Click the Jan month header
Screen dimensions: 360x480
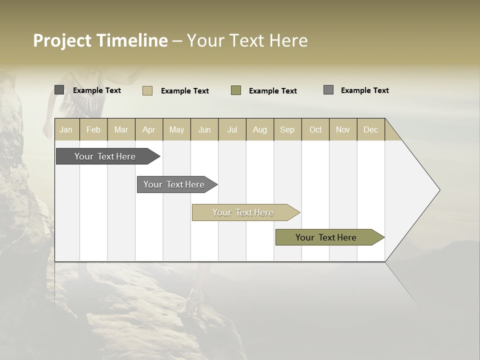66,129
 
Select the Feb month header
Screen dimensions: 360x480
93,129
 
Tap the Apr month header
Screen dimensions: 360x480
148,129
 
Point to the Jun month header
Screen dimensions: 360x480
204,129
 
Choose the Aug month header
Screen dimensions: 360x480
259,129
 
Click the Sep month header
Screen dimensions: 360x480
287,129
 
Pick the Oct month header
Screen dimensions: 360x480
315,129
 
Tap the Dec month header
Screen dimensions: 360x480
370,129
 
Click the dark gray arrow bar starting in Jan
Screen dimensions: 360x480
105,156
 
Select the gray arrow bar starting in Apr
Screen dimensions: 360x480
174,184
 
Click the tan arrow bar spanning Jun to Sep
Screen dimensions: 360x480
243,212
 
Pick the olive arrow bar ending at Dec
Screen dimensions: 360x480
326,237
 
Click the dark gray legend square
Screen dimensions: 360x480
59,90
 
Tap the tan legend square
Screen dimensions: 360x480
147,90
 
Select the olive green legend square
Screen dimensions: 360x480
236,90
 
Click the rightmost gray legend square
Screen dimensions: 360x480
328,90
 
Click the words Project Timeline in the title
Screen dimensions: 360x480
100,40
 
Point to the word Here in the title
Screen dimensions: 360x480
288,40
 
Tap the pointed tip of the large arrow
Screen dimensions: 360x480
438,190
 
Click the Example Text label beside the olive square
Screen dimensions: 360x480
272,91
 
